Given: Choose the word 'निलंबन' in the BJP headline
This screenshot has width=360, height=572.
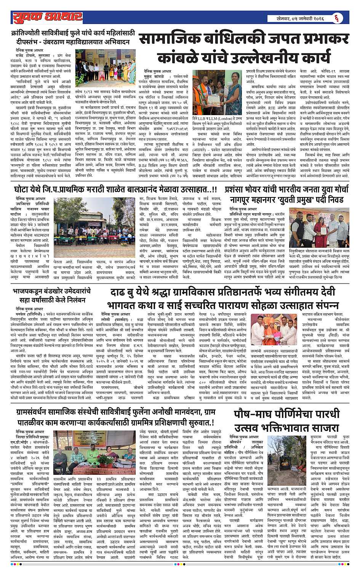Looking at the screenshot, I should (74, 300).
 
